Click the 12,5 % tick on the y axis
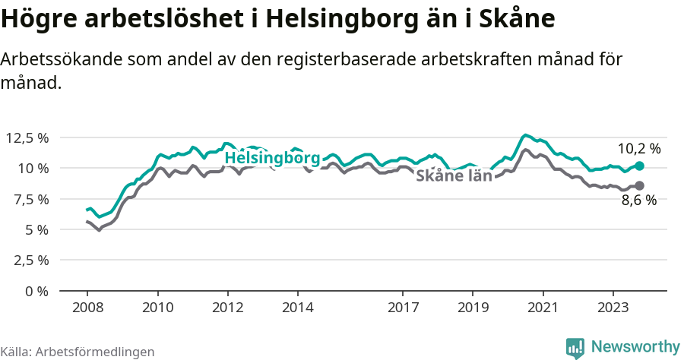click(x=27, y=137)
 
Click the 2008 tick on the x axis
click(x=87, y=308)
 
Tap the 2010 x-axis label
click(x=157, y=308)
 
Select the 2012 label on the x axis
click(x=227, y=308)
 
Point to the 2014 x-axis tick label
click(x=297, y=308)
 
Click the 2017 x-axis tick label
click(x=403, y=308)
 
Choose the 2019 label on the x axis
click(x=473, y=308)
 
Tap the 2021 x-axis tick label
click(x=543, y=308)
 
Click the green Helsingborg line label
click(x=272, y=159)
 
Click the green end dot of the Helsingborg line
click(x=639, y=166)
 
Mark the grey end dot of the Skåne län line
click(x=639, y=185)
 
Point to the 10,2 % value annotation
click(x=638, y=149)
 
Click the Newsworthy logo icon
click(x=575, y=347)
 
